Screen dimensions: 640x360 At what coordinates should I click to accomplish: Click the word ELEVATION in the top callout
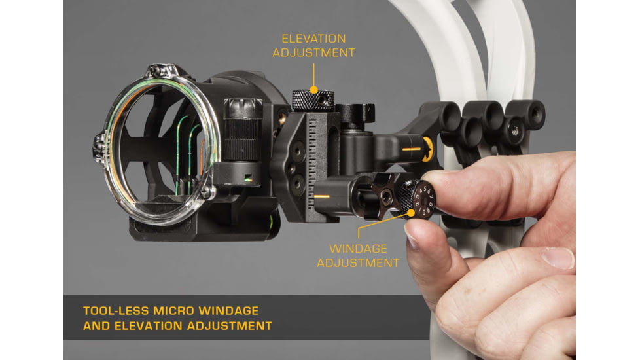click(x=313, y=39)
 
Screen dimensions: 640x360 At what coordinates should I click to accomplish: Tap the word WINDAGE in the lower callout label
click(x=358, y=249)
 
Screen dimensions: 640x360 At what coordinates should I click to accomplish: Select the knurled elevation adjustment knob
click(x=313, y=100)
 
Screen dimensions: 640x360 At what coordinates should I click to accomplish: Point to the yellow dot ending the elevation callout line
click(x=313, y=90)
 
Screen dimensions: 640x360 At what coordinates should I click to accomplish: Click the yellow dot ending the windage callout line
click(x=410, y=213)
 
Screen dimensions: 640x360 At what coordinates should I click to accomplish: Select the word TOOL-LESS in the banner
click(x=116, y=311)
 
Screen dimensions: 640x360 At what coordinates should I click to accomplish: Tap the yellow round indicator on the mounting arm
click(x=427, y=149)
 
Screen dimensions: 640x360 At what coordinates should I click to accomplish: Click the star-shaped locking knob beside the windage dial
click(x=384, y=196)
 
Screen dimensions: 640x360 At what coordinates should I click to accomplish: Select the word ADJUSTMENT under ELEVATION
click(x=313, y=52)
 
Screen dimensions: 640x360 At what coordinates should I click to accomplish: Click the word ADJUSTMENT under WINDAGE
click(x=358, y=263)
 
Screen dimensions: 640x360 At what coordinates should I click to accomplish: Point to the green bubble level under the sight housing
click(x=270, y=221)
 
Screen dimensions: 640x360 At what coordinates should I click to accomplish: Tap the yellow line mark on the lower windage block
click(x=321, y=197)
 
